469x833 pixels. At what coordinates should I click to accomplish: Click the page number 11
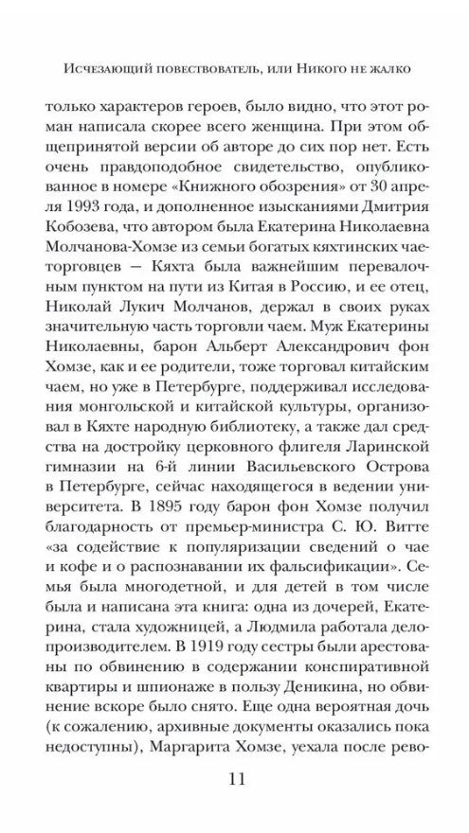point(233,778)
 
